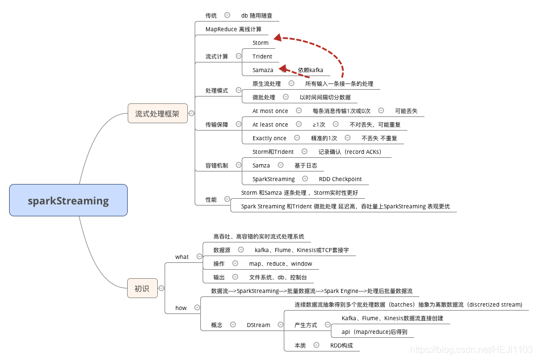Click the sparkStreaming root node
click(68, 200)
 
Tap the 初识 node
click(142, 288)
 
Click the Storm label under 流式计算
click(260, 43)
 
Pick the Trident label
click(262, 56)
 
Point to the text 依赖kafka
click(310, 70)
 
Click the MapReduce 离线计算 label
click(233, 29)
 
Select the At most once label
click(270, 111)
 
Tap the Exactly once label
click(270, 138)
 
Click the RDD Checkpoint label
click(340, 179)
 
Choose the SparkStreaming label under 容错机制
click(274, 179)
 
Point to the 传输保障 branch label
click(217, 124)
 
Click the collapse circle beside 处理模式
click(238, 90)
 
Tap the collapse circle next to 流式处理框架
click(191, 114)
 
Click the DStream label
click(258, 325)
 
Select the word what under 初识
click(182, 257)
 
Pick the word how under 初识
click(180, 308)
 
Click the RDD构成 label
click(341, 345)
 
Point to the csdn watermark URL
click(471, 349)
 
